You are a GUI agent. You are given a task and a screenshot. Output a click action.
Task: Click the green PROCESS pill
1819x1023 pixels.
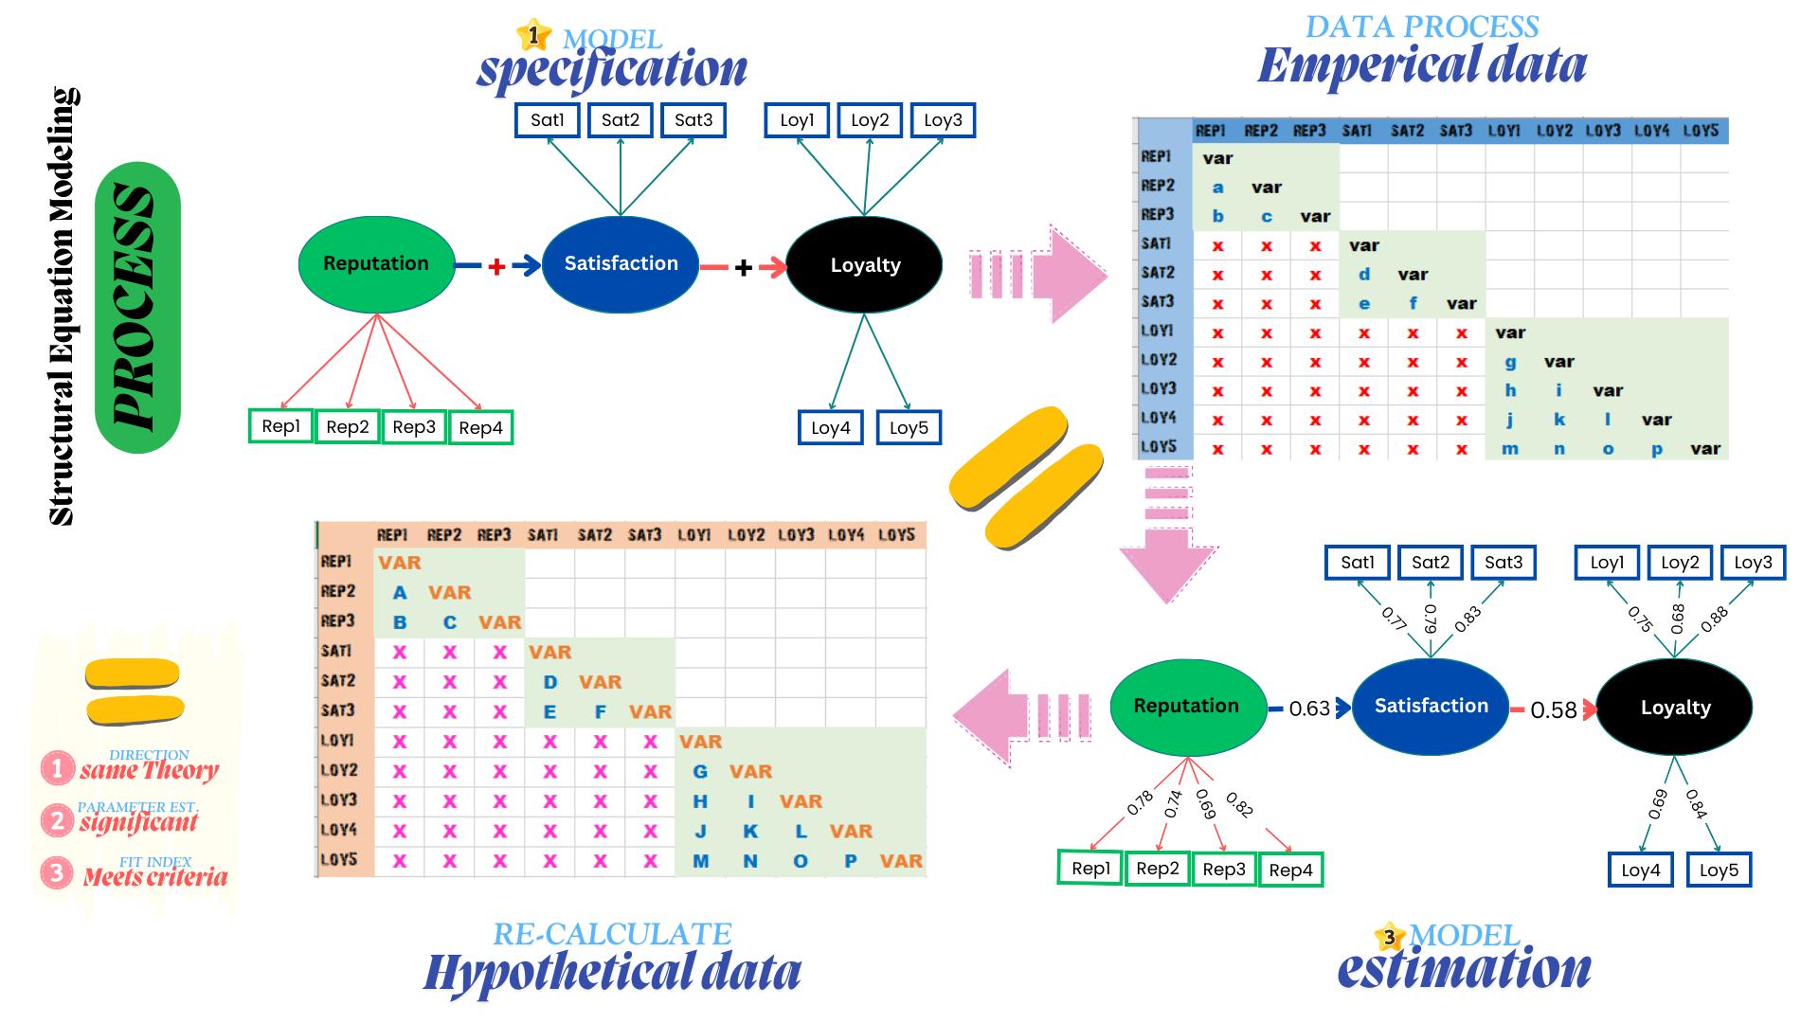coord(138,307)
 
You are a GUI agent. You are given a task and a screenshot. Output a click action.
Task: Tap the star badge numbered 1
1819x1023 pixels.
coord(534,36)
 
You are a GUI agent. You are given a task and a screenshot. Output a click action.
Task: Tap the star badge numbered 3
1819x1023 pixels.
coord(1389,937)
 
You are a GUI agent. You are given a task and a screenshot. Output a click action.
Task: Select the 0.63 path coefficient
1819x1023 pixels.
coord(1308,709)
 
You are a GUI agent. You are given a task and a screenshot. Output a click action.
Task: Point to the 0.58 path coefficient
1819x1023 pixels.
coord(1554,710)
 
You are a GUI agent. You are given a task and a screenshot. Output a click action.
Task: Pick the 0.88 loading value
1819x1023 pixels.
coord(1714,619)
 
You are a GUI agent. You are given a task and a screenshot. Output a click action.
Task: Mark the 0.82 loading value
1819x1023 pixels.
coord(1239,804)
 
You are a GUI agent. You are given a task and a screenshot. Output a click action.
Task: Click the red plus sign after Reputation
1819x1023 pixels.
coord(496,267)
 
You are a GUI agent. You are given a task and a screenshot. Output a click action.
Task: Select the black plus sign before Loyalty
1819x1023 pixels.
coord(744,268)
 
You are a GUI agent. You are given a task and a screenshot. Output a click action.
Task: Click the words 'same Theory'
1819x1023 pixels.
coord(150,770)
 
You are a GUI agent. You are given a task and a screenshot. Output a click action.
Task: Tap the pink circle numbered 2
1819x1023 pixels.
coord(57,819)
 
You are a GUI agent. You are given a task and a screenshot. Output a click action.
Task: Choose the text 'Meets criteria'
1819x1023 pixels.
coord(155,876)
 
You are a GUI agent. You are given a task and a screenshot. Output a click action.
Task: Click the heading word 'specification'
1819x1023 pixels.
coord(612,69)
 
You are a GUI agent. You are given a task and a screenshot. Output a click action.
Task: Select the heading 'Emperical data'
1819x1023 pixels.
coord(1422,64)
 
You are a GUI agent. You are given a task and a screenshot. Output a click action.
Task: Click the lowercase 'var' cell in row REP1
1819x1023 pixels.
coord(1217,158)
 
